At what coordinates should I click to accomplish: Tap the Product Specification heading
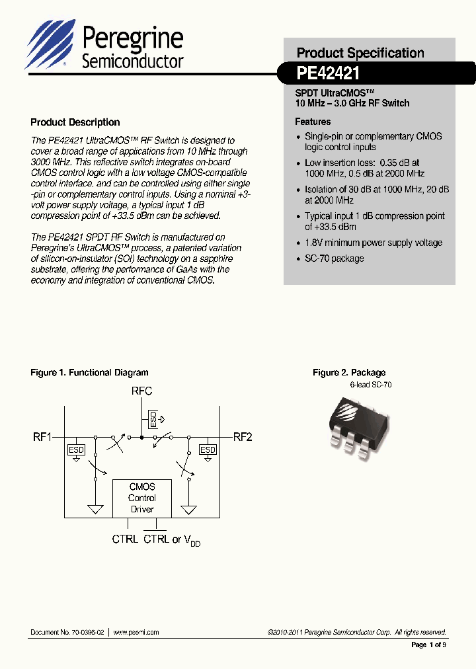360,53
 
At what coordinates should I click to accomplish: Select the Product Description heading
75,122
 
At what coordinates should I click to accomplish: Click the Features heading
313,122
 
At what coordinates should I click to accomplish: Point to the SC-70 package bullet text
334,258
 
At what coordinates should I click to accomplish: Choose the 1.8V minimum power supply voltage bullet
373,243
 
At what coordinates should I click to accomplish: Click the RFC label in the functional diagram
142,391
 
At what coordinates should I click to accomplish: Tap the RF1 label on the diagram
42,437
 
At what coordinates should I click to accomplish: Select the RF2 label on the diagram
243,437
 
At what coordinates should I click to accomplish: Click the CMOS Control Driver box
142,498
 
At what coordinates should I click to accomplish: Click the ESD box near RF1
76,450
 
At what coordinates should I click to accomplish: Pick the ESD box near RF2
208,450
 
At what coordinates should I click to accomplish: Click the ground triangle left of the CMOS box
96,509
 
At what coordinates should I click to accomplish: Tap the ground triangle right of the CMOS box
189,509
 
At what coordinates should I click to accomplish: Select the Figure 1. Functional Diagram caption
89,373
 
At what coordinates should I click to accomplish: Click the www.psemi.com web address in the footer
136,633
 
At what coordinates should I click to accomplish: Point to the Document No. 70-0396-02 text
67,633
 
